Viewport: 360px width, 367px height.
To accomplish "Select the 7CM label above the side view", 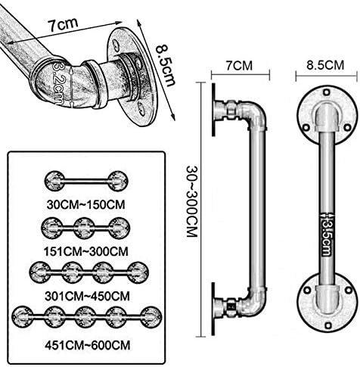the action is click(x=239, y=66).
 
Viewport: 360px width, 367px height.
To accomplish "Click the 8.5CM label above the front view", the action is click(x=325, y=65).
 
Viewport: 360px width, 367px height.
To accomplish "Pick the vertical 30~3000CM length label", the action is click(x=191, y=201).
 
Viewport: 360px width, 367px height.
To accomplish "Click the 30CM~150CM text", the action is click(x=85, y=204).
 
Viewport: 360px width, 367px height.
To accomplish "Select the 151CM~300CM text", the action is click(x=86, y=251).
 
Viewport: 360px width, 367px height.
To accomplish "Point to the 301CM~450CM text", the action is click(x=87, y=296).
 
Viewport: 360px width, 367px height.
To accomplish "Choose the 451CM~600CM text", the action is click(x=88, y=345).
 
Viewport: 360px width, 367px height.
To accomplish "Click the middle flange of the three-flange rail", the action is click(x=84, y=228).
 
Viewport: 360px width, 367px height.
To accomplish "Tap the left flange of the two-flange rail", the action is click(x=54, y=181).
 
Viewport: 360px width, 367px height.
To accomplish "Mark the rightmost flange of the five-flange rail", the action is click(x=151, y=317).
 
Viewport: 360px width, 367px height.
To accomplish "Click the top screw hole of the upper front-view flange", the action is click(x=327, y=93).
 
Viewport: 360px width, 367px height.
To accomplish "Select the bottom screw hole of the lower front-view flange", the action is click(x=327, y=325).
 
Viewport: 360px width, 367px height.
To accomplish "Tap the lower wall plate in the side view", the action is click(x=213, y=309).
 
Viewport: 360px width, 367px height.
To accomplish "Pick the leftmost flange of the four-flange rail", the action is click(x=40, y=272).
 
